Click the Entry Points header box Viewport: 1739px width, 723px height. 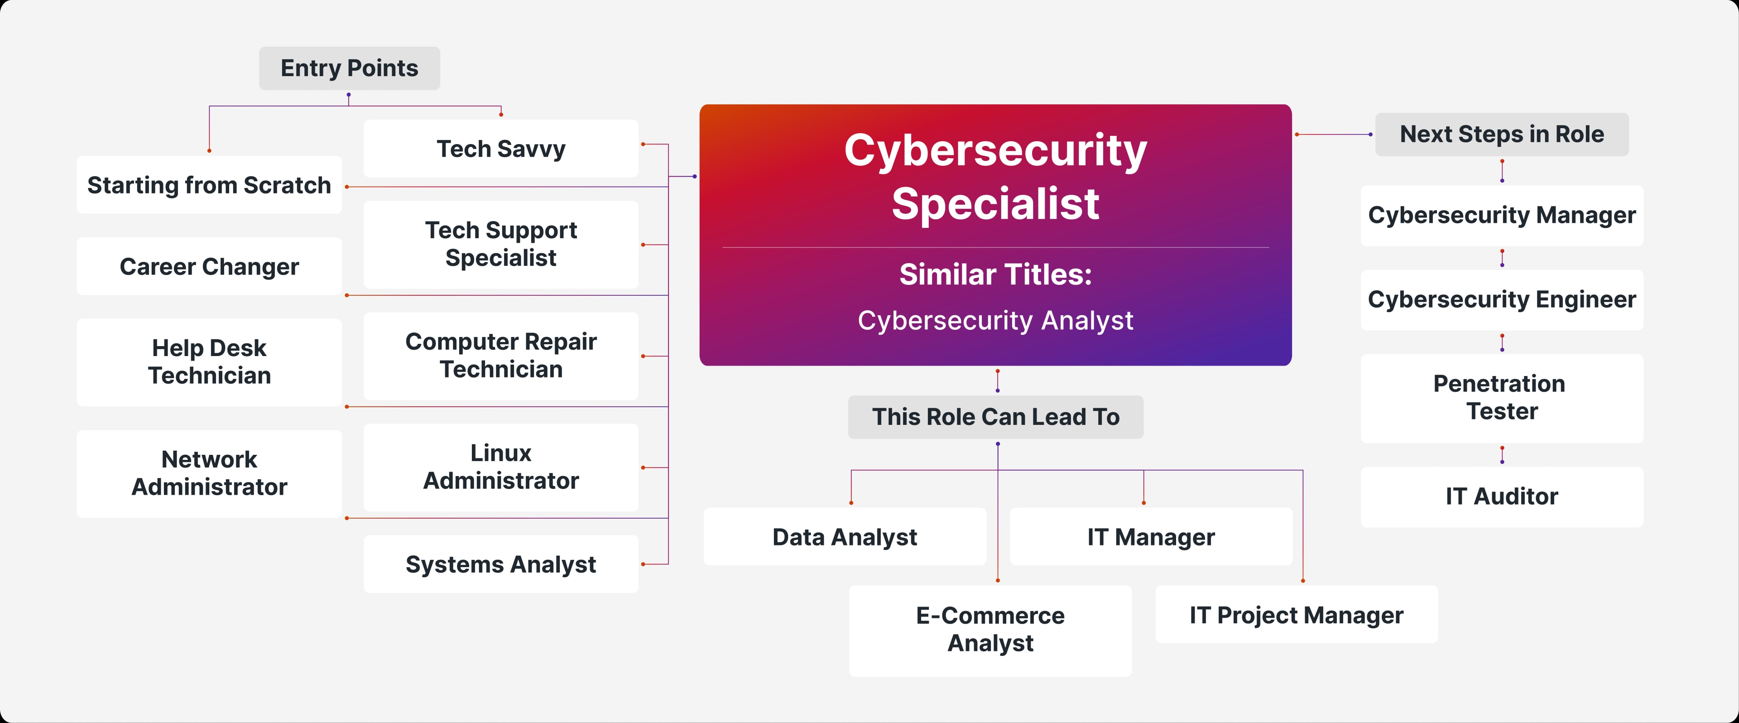pyautogui.click(x=349, y=68)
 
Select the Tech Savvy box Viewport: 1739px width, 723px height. pyautogui.click(x=500, y=149)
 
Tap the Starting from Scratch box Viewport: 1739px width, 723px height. pyautogui.click(x=209, y=185)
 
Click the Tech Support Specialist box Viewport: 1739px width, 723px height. pyautogui.click(x=500, y=244)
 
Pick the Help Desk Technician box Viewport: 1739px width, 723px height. pyautogui.click(x=209, y=362)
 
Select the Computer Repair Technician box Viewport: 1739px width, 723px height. pyautogui.click(x=500, y=355)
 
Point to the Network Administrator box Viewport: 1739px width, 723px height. pyautogui.click(x=209, y=473)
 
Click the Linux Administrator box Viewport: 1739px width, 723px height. pyautogui.click(x=500, y=467)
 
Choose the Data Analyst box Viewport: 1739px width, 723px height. pyautogui.click(x=845, y=537)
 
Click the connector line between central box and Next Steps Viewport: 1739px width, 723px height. pyautogui.click(x=1333, y=135)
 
